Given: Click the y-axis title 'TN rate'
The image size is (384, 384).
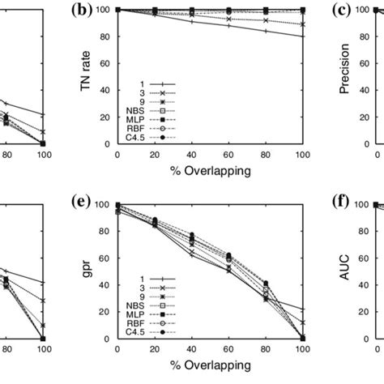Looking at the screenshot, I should pyautogui.click(x=84, y=76).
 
